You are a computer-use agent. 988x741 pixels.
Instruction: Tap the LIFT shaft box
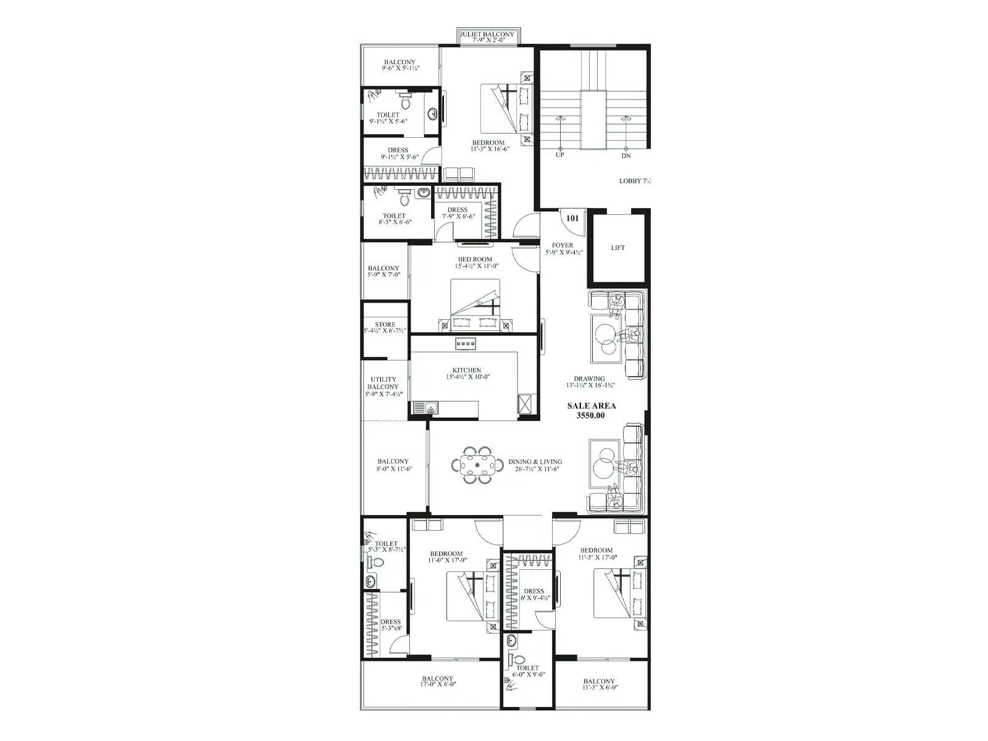[617, 248]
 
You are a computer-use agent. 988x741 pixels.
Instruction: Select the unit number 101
[572, 218]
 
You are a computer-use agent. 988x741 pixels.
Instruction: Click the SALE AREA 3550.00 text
[591, 411]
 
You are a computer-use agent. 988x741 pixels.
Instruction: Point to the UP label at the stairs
[560, 156]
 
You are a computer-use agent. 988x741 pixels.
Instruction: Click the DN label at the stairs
[626, 156]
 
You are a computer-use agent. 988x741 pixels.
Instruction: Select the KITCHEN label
[467, 373]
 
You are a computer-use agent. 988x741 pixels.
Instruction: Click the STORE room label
[385, 327]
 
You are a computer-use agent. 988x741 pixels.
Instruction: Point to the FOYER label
[562, 248]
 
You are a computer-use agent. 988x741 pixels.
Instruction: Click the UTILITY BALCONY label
[383, 387]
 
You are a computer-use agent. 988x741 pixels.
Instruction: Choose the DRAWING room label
[589, 382]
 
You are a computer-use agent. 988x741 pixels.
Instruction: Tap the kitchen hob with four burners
[466, 343]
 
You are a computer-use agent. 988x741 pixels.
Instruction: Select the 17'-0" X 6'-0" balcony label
[438, 681]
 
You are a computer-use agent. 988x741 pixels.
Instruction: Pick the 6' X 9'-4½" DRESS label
[534, 594]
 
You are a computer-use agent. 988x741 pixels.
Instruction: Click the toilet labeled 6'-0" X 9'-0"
[527, 671]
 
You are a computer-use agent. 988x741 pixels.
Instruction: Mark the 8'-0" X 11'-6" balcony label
[393, 464]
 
